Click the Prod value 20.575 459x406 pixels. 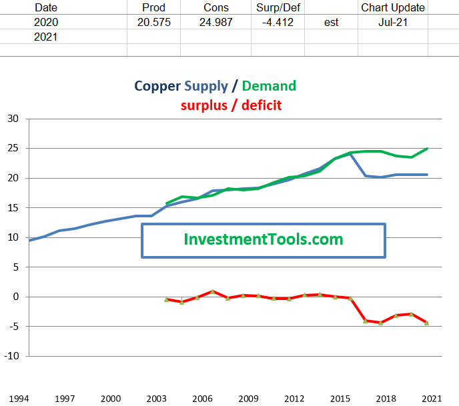coord(153,22)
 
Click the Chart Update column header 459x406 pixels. coord(392,7)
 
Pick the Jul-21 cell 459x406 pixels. coord(392,22)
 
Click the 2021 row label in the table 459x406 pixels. coord(45,37)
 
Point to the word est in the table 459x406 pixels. coord(331,22)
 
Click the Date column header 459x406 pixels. coord(45,7)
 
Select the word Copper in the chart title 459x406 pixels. coord(157,86)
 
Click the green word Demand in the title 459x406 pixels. coord(269,86)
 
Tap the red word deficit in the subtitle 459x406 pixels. coord(261,105)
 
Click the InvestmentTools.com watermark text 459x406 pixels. coord(263,239)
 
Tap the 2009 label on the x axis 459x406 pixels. coord(248,399)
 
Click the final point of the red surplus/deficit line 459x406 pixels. coord(426,323)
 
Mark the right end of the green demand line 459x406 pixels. coord(427,149)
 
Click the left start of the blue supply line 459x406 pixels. coord(30,240)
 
